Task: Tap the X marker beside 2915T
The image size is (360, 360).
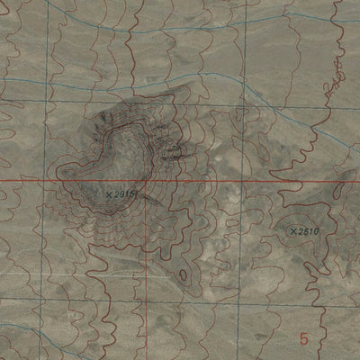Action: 109,193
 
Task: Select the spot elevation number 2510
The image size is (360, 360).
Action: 309,231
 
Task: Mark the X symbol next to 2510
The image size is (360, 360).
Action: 293,231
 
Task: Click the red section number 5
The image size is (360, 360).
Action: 304,338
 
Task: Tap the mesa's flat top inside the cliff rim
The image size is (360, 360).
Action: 126,153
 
